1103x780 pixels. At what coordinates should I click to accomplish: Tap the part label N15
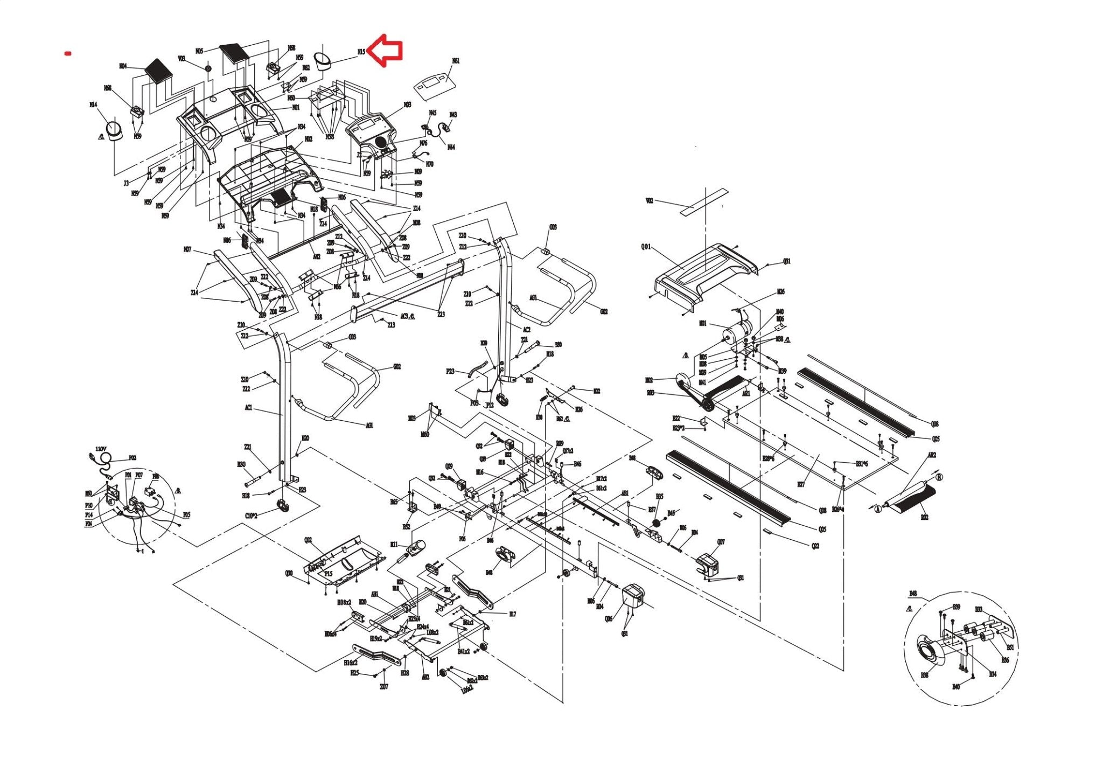click(x=361, y=52)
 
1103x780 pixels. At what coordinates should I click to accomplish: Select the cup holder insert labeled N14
click(x=114, y=130)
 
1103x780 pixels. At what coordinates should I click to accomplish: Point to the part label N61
click(x=456, y=61)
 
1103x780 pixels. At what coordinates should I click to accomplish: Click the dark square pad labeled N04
click(x=158, y=71)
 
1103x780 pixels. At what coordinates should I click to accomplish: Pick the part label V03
click(x=181, y=58)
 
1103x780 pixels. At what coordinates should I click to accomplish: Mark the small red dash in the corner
click(x=68, y=53)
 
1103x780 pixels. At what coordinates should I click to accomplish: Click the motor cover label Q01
click(x=646, y=247)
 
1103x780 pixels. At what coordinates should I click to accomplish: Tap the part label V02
click(x=650, y=201)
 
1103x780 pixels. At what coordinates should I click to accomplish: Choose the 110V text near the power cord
click(x=101, y=449)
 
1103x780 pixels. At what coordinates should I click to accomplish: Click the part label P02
click(x=132, y=458)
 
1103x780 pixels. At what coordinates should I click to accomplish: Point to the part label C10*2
click(x=251, y=516)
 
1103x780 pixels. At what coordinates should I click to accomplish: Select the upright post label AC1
click(x=248, y=408)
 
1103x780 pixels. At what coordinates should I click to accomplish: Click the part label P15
click(x=329, y=574)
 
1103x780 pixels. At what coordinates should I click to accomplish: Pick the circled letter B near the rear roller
click(x=939, y=477)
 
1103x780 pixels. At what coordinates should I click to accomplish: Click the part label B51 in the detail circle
click(x=1010, y=647)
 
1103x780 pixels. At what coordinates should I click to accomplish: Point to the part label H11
click(x=394, y=545)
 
